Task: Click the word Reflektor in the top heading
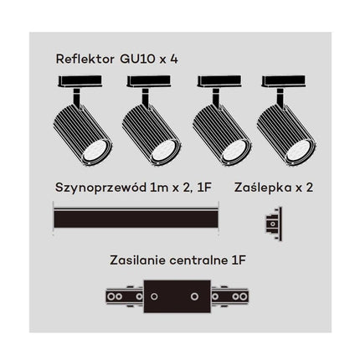(85, 59)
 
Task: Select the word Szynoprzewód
(100, 188)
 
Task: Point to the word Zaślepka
(263, 188)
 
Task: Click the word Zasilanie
(138, 260)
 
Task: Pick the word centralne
(198, 260)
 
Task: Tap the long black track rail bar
(136, 219)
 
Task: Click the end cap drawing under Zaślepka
(274, 224)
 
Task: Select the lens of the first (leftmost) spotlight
(95, 151)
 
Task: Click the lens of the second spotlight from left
(164, 151)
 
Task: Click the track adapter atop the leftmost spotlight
(80, 81)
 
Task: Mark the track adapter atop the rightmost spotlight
(283, 81)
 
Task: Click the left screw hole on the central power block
(154, 296)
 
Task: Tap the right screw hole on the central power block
(194, 296)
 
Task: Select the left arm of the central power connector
(125, 296)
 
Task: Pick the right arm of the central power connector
(229, 296)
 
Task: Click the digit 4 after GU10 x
(174, 59)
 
